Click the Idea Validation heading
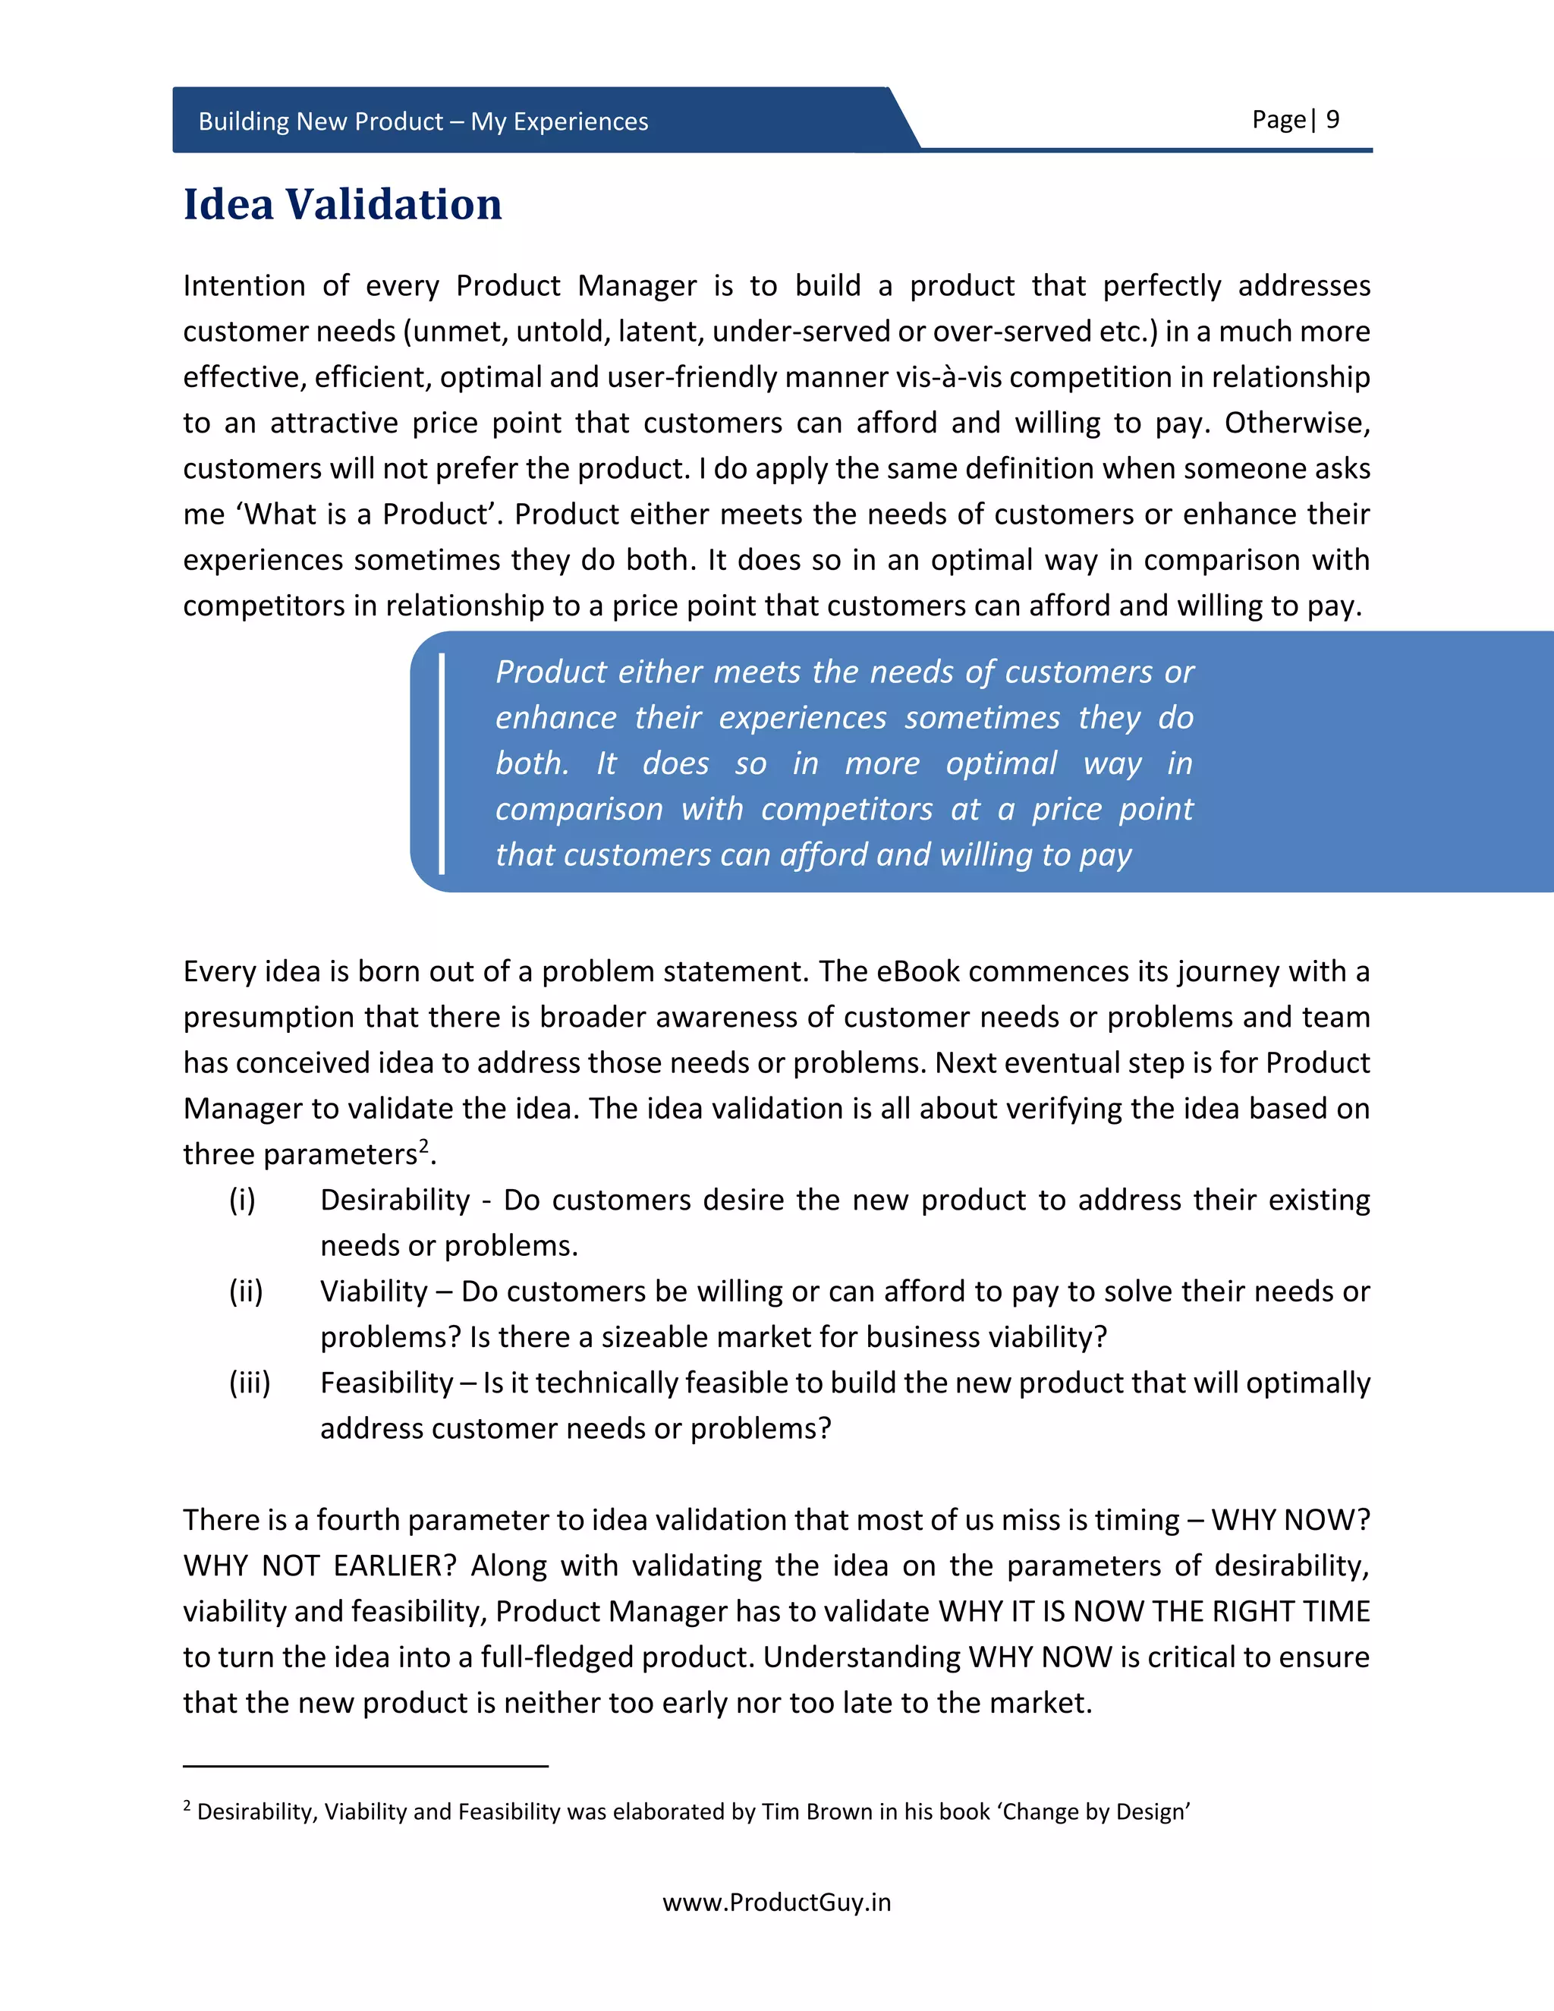tap(342, 204)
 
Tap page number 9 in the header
tap(1332, 120)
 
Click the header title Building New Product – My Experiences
tap(423, 121)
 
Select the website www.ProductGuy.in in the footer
tap(776, 1902)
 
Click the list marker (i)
tap(242, 1200)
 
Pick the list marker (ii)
tap(246, 1291)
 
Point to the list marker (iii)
tap(250, 1382)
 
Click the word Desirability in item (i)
tap(395, 1200)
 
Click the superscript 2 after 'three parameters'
tap(424, 1145)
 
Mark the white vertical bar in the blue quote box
tap(442, 763)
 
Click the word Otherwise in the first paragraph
tap(1296, 423)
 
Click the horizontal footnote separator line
tap(366, 1766)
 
